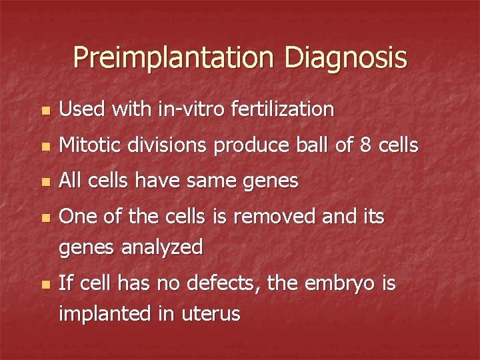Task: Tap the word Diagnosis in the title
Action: point(345,57)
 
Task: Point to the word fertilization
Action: point(282,109)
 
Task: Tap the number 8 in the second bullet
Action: point(365,145)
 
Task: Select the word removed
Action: point(283,217)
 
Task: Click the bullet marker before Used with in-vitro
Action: point(45,110)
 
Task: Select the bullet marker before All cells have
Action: point(45,182)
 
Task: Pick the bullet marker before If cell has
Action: point(45,285)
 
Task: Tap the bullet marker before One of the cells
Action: point(45,218)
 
